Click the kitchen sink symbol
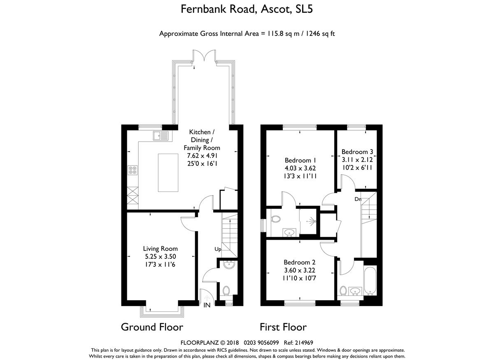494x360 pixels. pyautogui.click(x=161, y=136)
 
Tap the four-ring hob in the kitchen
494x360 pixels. pyautogui.click(x=133, y=170)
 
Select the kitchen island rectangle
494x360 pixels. pyautogui.click(x=168, y=173)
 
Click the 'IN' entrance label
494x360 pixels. pyautogui.click(x=207, y=305)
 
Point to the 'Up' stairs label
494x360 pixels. pyautogui.click(x=218, y=249)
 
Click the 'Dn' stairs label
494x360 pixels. pyautogui.click(x=358, y=199)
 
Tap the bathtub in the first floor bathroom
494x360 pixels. pyautogui.click(x=370, y=281)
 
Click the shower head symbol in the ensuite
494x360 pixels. pyautogui.click(x=312, y=221)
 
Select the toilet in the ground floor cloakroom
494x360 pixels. pyautogui.click(x=226, y=291)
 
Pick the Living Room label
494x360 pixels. pyautogui.click(x=160, y=249)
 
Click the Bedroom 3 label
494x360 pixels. pyautogui.click(x=357, y=152)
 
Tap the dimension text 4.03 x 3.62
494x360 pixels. pyautogui.click(x=300, y=168)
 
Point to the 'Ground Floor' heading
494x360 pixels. pyautogui.click(x=152, y=327)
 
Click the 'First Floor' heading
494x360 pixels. pyautogui.click(x=283, y=327)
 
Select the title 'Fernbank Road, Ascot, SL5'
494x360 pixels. pyautogui.click(x=247, y=9)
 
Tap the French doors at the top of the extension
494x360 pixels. pyautogui.click(x=204, y=56)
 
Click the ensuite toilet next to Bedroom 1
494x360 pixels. pyautogui.click(x=276, y=219)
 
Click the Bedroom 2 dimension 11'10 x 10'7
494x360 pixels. pyautogui.click(x=299, y=278)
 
